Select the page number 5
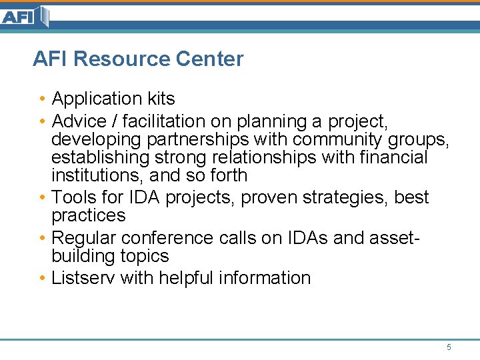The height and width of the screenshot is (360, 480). (x=449, y=347)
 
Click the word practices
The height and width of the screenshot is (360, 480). (x=89, y=216)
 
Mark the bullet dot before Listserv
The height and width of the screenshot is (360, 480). (x=42, y=278)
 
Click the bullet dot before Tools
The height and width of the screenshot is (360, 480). (x=42, y=198)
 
